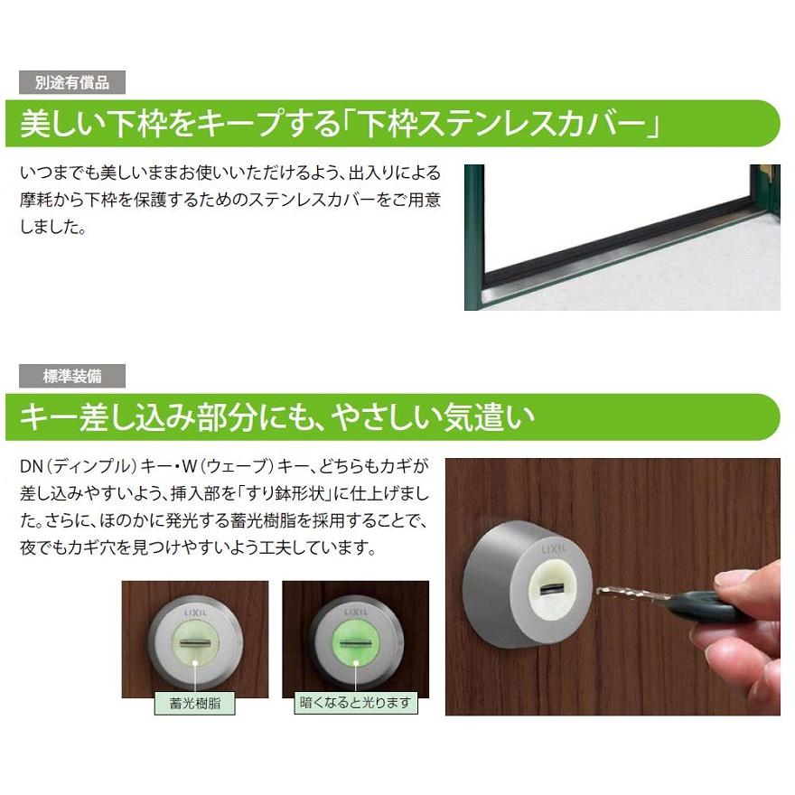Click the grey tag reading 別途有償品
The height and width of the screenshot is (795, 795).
[72, 82]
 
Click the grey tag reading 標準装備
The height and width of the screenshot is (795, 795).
[72, 376]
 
